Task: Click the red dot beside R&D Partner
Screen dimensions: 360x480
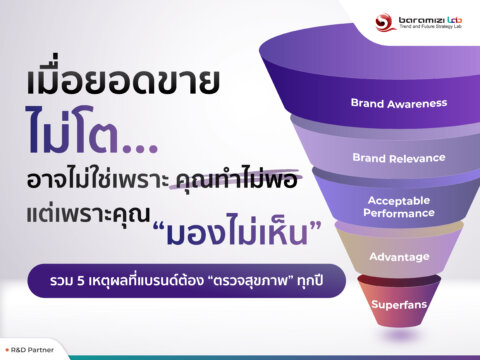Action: click(x=8, y=349)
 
